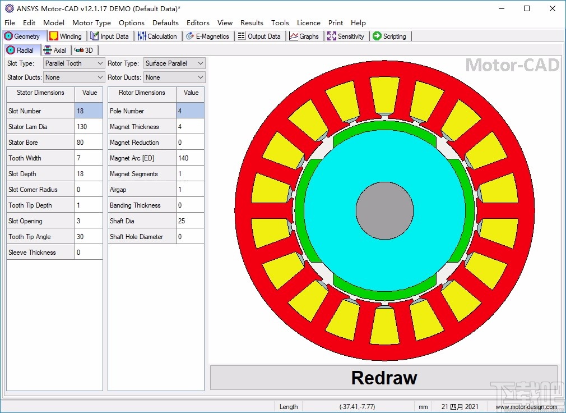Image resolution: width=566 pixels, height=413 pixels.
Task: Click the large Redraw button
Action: pyautogui.click(x=384, y=377)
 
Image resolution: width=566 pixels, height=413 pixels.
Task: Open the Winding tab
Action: pyautogui.click(x=66, y=36)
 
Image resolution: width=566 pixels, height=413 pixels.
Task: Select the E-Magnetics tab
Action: pyautogui.click(x=207, y=36)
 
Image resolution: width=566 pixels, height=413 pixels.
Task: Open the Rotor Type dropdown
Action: pyautogui.click(x=174, y=63)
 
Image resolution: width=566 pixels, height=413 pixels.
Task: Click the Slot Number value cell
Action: pyautogui.click(x=89, y=111)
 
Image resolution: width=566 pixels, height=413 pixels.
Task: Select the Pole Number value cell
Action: pyautogui.click(x=190, y=111)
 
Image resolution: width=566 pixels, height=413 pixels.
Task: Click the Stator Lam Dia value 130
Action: pyautogui.click(x=89, y=126)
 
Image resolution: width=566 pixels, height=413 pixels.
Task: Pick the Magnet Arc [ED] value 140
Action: pyautogui.click(x=190, y=158)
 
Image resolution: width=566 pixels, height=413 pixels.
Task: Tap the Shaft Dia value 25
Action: pyautogui.click(x=190, y=221)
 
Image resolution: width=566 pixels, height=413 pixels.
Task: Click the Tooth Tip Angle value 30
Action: pyautogui.click(x=89, y=236)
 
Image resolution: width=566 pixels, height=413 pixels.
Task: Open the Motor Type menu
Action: pyautogui.click(x=91, y=22)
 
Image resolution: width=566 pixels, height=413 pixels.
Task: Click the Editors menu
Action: pyautogui.click(x=198, y=22)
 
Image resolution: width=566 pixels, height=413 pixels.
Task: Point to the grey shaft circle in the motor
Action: pyautogui.click(x=384, y=209)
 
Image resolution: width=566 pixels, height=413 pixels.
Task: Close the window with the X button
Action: pyautogui.click(x=553, y=8)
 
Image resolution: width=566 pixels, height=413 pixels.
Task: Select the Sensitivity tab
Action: pyautogui.click(x=346, y=36)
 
